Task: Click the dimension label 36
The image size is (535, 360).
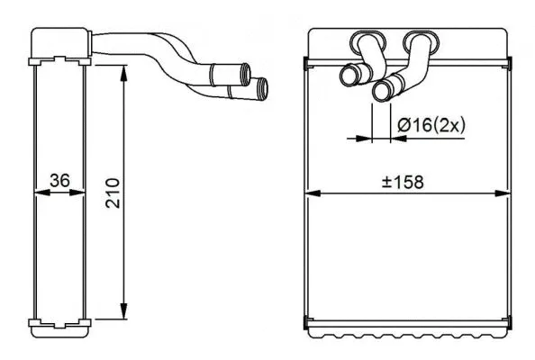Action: click(60, 181)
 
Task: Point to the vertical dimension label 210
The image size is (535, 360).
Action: click(113, 193)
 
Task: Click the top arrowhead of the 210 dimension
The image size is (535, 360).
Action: click(123, 69)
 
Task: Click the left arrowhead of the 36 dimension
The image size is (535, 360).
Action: click(39, 192)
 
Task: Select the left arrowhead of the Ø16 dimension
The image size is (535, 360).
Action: click(365, 139)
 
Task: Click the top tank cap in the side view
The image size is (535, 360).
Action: click(60, 43)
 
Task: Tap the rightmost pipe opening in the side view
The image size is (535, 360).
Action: click(262, 88)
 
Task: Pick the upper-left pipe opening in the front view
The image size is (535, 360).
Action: click(349, 76)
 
